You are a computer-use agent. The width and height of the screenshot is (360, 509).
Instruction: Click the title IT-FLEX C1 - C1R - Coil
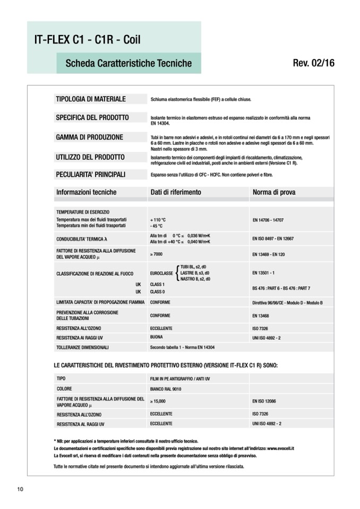point(87,39)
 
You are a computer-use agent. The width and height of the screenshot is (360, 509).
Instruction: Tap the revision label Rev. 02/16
point(313,63)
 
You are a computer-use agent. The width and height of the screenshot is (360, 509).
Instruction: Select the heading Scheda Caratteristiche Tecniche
point(128,63)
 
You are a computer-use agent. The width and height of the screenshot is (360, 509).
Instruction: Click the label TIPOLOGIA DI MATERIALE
point(90,99)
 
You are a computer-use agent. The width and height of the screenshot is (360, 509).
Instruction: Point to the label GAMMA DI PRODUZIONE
point(89,137)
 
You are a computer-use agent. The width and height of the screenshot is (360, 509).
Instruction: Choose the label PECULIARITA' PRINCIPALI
point(90,174)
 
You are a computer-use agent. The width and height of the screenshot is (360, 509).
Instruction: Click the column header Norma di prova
point(274,192)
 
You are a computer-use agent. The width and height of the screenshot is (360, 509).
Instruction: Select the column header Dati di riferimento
point(176,192)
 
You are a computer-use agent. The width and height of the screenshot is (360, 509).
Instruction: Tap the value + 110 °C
point(158,219)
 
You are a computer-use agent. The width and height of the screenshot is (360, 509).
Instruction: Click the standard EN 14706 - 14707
point(268,219)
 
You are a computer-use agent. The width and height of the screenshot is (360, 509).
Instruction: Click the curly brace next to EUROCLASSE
point(176,272)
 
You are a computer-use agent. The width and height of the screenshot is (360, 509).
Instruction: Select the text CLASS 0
point(158,292)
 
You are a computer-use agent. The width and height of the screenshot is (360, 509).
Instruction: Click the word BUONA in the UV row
point(157,337)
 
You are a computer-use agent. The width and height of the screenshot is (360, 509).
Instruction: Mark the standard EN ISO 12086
point(266,402)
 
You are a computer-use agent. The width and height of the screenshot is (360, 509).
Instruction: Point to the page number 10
point(20,489)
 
